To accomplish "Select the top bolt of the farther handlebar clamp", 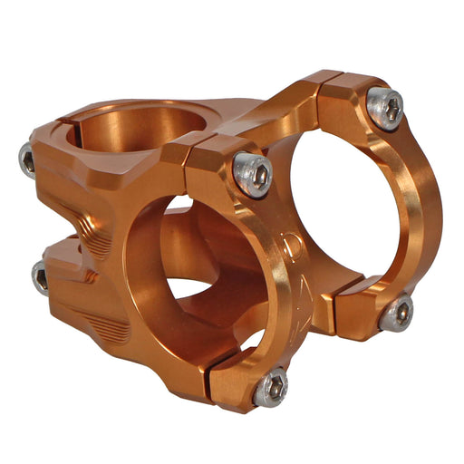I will coord(385,110).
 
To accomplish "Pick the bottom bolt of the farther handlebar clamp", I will coord(396,313).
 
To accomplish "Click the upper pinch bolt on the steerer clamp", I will coord(28,161).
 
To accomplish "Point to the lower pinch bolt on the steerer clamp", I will coord(40,276).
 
